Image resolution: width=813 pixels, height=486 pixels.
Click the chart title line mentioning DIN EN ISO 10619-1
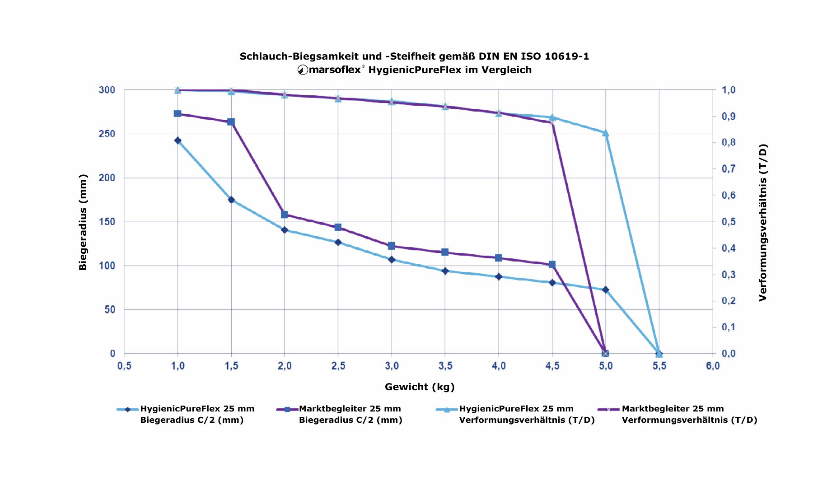(x=414, y=56)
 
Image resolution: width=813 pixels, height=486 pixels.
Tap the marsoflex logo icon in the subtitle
(x=303, y=70)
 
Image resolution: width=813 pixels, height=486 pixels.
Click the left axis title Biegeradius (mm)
(x=83, y=222)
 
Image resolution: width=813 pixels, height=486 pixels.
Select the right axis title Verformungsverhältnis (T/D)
(x=763, y=222)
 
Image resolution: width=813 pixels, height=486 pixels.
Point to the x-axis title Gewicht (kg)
(x=420, y=387)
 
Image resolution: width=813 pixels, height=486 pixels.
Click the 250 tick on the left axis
(x=107, y=134)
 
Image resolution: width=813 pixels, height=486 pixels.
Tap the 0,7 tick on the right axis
(x=728, y=169)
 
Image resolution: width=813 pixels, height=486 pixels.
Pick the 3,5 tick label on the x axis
(x=445, y=366)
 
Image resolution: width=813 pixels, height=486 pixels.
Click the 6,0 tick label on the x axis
(x=713, y=366)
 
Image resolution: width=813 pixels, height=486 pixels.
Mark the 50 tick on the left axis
(x=110, y=310)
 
